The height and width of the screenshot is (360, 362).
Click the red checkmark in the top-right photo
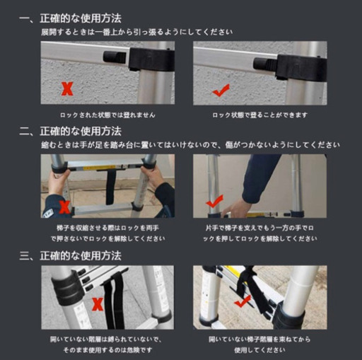(x=221, y=90)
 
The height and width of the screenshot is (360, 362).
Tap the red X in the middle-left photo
(x=65, y=207)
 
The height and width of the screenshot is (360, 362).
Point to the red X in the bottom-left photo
(x=98, y=305)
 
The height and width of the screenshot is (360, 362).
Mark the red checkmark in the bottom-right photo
(x=243, y=301)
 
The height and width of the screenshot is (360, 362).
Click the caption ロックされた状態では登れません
(x=107, y=115)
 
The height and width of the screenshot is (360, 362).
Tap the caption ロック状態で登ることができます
(x=259, y=115)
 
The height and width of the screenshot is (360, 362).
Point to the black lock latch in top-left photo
(x=114, y=57)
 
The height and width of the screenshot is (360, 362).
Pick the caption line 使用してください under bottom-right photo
(x=259, y=349)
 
